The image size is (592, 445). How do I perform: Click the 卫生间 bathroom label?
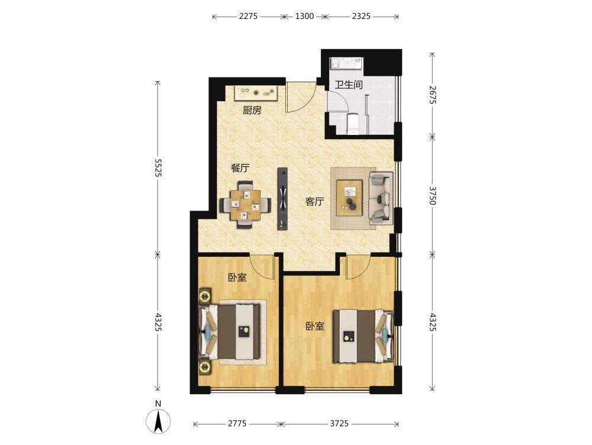click(349, 85)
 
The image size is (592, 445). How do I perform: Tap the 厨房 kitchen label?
click(252, 110)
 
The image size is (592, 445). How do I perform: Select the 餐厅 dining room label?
click(240, 168)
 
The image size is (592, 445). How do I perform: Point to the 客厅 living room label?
click(314, 202)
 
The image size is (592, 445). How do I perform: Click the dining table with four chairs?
click(246, 205)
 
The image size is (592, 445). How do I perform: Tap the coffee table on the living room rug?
click(350, 198)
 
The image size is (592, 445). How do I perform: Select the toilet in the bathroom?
click(353, 124)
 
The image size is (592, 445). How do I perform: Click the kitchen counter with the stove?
click(257, 93)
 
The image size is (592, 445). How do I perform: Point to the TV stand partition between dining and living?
click(283, 198)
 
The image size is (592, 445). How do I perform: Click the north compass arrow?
click(159, 421)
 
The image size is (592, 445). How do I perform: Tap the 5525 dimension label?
click(158, 168)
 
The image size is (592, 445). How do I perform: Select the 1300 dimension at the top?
click(304, 16)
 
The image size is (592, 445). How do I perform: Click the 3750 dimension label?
click(433, 195)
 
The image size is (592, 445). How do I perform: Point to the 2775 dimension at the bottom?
click(237, 424)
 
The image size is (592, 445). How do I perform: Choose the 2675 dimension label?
click(433, 95)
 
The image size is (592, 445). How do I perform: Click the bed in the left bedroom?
click(230, 332)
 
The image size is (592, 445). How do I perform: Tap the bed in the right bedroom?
click(363, 336)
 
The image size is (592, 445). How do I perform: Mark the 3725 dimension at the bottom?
click(339, 424)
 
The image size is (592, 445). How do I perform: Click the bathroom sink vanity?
click(346, 63)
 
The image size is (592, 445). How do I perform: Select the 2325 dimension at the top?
click(361, 16)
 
